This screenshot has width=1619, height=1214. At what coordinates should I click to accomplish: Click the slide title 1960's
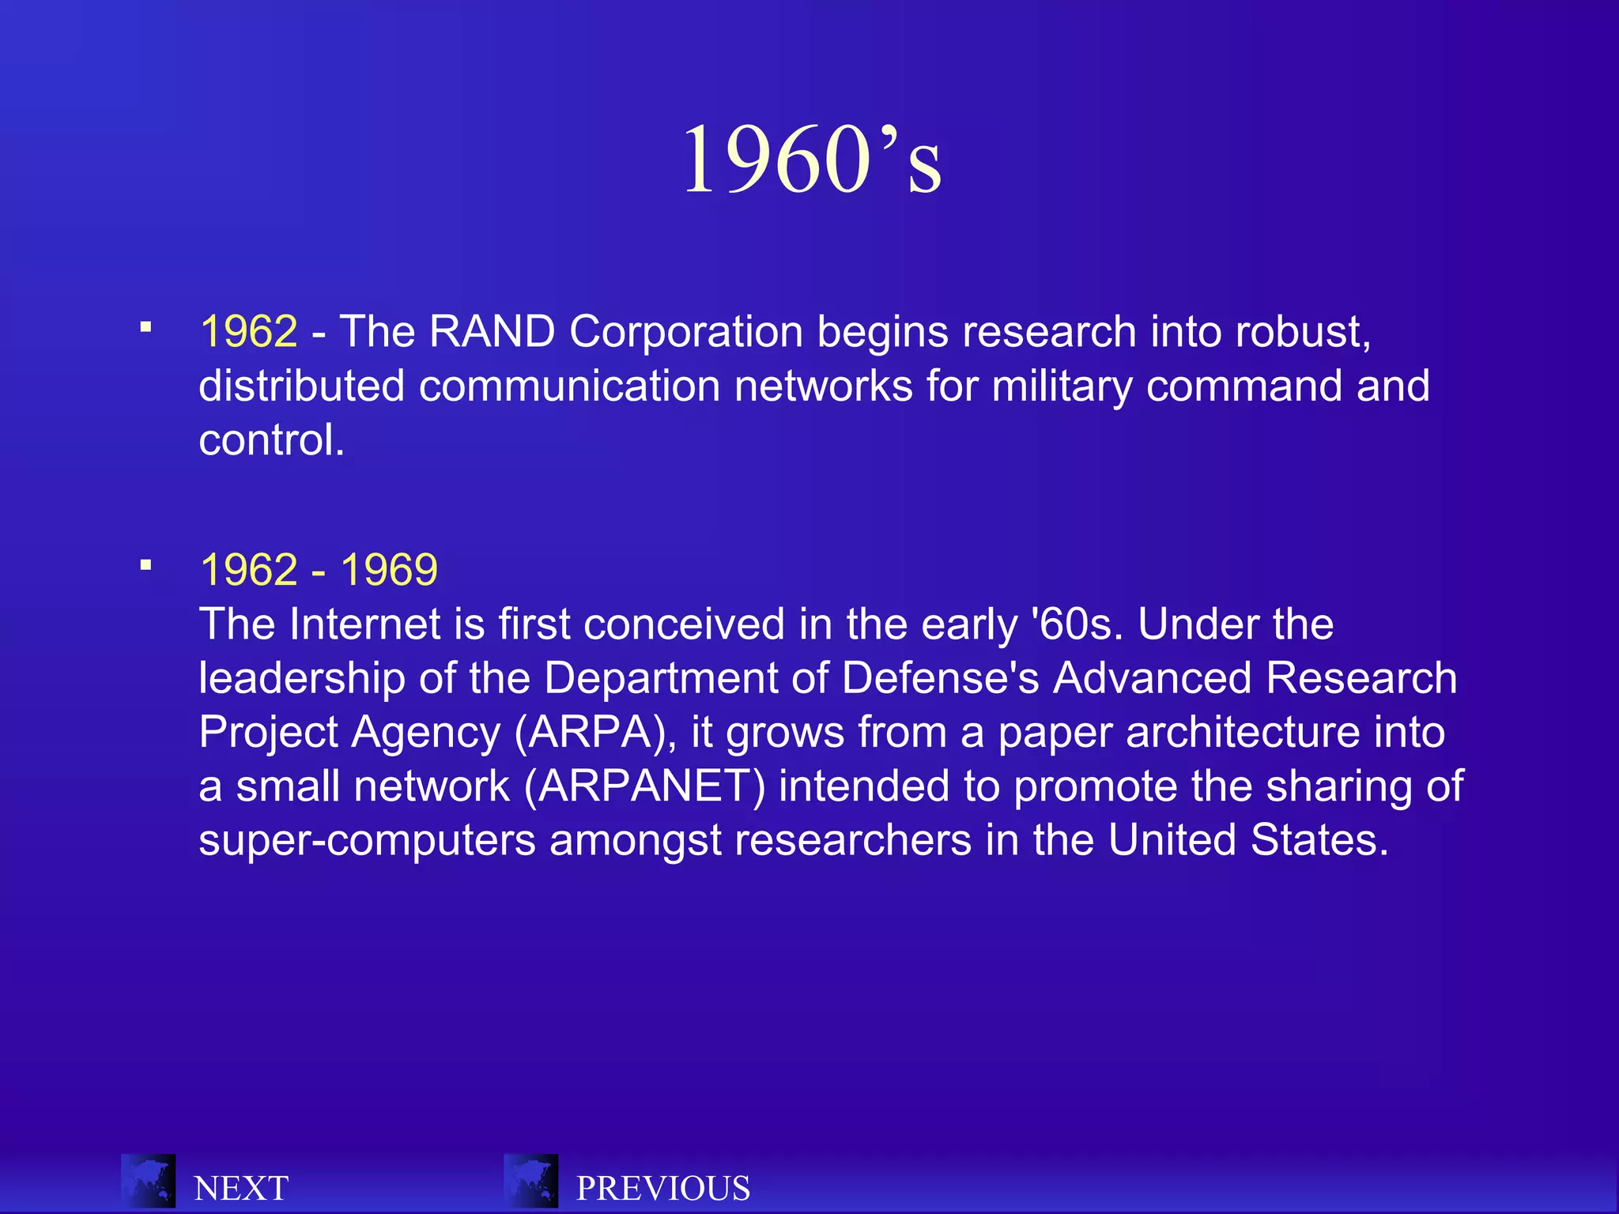coord(812,160)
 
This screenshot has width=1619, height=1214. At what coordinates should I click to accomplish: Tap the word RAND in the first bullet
coord(492,331)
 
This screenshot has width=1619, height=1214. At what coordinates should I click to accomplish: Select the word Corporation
coord(686,331)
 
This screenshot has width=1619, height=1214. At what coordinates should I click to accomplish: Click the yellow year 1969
coord(389,570)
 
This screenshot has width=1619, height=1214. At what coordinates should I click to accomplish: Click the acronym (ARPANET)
coord(644,786)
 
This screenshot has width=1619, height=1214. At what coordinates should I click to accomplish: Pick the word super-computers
coord(367,840)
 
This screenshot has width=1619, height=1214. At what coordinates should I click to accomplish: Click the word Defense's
coord(940,678)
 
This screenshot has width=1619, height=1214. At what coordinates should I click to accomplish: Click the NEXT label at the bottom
coord(241,1189)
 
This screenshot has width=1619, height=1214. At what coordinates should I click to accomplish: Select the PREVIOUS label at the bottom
coord(663,1189)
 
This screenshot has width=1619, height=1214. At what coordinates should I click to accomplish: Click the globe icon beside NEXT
coord(148,1181)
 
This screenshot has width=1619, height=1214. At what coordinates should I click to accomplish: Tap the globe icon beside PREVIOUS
coord(530,1181)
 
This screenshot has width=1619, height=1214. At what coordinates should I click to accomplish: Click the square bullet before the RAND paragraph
coord(145,326)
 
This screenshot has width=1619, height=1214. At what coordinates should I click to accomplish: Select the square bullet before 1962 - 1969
coord(145,565)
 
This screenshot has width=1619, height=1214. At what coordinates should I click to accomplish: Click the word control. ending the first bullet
coord(271,440)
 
